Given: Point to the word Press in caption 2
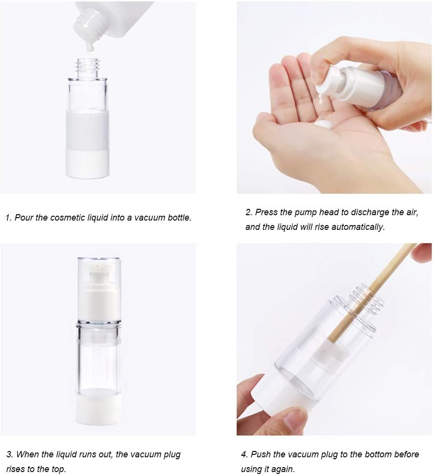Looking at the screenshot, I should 266,213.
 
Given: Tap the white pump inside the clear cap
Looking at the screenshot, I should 98,294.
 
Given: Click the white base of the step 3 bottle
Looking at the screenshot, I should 98,407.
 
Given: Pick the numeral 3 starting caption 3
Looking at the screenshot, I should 8,454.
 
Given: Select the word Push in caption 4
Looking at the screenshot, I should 260,454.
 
